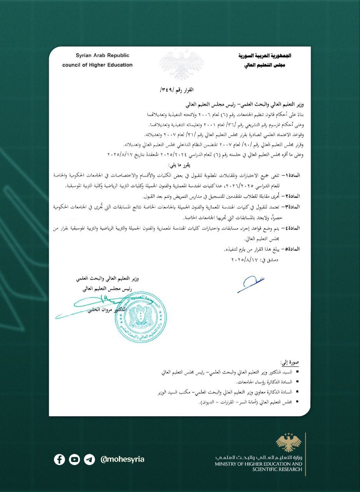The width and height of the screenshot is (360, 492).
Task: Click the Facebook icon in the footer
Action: [59, 459]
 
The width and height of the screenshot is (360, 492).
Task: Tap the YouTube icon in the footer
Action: [74, 459]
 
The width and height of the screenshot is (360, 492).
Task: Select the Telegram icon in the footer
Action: [89, 459]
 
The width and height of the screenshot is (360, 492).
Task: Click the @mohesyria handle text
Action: [122, 459]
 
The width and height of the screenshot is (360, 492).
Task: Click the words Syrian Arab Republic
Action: [102, 56]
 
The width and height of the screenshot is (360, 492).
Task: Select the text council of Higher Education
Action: [97, 65]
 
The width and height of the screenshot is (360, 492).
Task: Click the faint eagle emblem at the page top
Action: [182, 63]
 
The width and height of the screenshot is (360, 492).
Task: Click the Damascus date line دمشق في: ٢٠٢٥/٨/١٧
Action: [255, 260]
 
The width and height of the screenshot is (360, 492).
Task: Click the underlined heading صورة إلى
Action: [290, 363]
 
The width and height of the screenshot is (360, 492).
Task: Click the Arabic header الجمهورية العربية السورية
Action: [265, 56]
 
